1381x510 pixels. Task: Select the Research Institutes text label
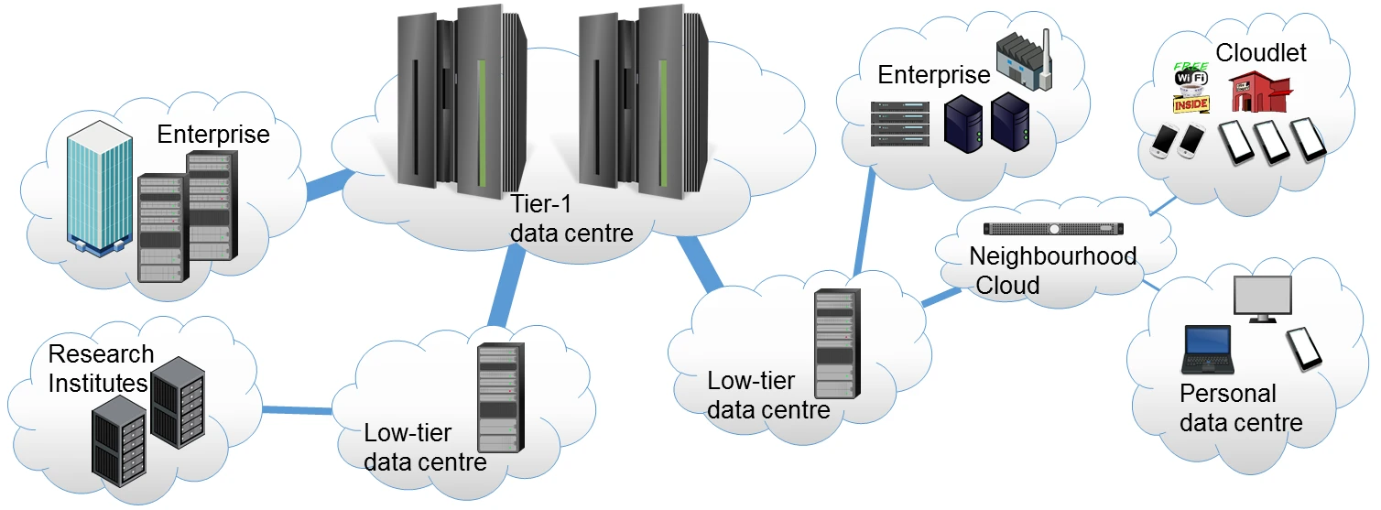99,367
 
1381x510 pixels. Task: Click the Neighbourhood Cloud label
1051,270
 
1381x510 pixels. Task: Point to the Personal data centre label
1239,408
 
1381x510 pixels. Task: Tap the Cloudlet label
1260,53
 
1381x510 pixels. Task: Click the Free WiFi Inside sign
1191,87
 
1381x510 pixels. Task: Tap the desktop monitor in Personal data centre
1262,298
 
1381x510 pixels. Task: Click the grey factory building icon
1024,63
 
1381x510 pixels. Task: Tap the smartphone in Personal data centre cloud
1304,348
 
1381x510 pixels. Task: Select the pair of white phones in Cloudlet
1177,139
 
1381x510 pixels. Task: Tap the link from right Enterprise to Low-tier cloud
864,223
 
